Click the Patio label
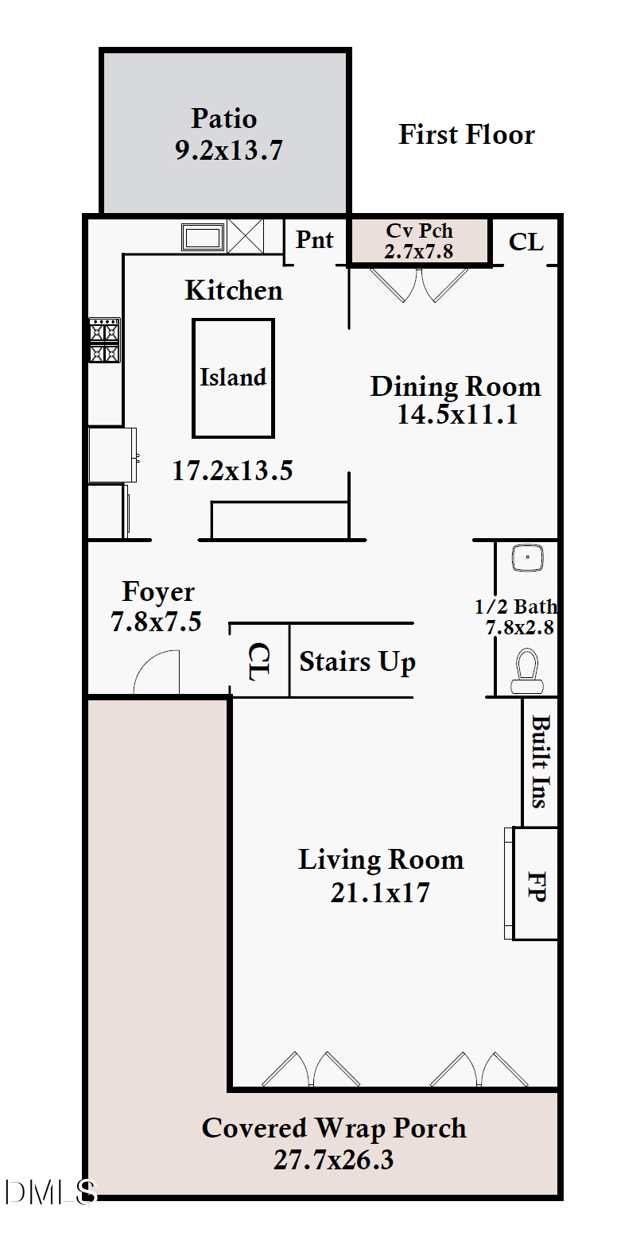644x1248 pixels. click(x=224, y=119)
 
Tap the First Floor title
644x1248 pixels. click(x=466, y=135)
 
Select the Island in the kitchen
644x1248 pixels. click(x=233, y=378)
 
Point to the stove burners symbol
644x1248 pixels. click(x=104, y=340)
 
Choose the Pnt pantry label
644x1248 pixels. click(x=315, y=240)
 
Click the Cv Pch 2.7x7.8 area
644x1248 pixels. click(x=419, y=241)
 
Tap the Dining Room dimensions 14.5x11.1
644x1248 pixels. click(x=457, y=415)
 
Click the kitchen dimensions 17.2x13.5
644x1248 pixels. click(x=232, y=471)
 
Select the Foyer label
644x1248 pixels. click(x=158, y=591)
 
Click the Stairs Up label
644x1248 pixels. click(x=357, y=662)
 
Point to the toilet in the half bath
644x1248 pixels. click(x=526, y=672)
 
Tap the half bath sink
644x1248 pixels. click(x=527, y=558)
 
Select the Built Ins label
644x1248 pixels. click(x=541, y=762)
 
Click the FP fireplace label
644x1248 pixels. click(x=537, y=886)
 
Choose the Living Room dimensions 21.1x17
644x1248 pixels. click(x=380, y=893)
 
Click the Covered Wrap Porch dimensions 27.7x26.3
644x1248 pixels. click(x=333, y=1160)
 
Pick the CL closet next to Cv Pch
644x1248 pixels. click(x=526, y=242)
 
